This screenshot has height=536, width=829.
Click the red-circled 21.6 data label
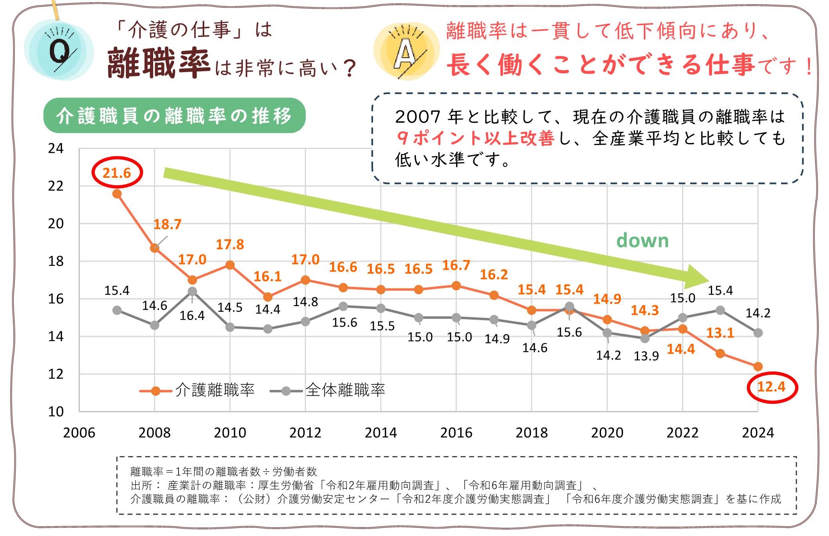[x=117, y=173]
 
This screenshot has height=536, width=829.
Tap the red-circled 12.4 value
[x=772, y=387]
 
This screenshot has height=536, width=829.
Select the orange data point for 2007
[x=117, y=194]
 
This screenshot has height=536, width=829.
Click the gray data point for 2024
[x=758, y=333]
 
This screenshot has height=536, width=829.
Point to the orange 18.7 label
[x=167, y=225]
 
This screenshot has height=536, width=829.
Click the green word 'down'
[x=642, y=240]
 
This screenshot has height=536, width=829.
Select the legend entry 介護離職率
[x=197, y=390]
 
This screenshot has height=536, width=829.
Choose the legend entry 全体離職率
[x=327, y=390]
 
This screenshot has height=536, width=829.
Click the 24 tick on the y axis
[x=56, y=149]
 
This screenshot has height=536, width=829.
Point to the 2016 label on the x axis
[x=456, y=433]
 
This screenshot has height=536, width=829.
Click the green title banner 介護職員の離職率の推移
[x=174, y=115]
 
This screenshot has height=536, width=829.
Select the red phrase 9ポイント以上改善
[x=475, y=138]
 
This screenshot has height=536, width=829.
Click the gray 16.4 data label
[x=192, y=315]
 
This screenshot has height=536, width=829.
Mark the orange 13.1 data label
[x=720, y=333]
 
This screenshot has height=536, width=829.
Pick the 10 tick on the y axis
[x=56, y=412]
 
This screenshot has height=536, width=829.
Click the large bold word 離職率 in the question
[x=159, y=64]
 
